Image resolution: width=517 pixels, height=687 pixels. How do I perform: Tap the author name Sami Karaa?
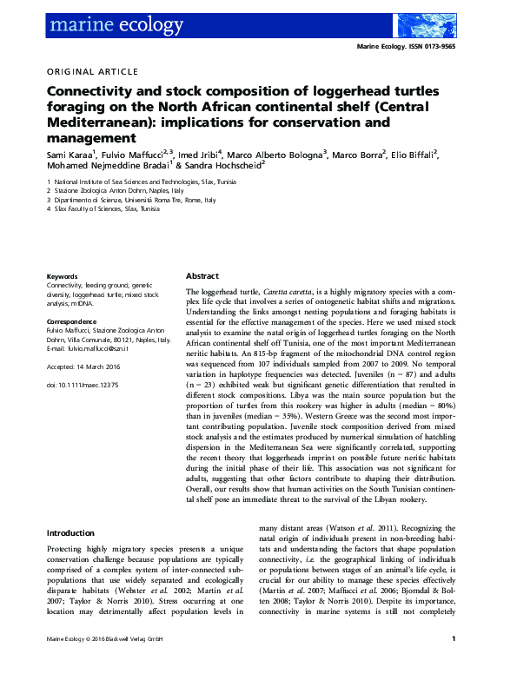coord(69,155)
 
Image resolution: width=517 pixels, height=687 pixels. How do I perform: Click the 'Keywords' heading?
coord(61,277)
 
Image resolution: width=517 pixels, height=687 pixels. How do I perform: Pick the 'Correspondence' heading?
coord(72,322)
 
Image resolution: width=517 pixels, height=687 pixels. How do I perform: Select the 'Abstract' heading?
coord(202,274)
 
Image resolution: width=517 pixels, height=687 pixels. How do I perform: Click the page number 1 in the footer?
coord(454,665)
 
